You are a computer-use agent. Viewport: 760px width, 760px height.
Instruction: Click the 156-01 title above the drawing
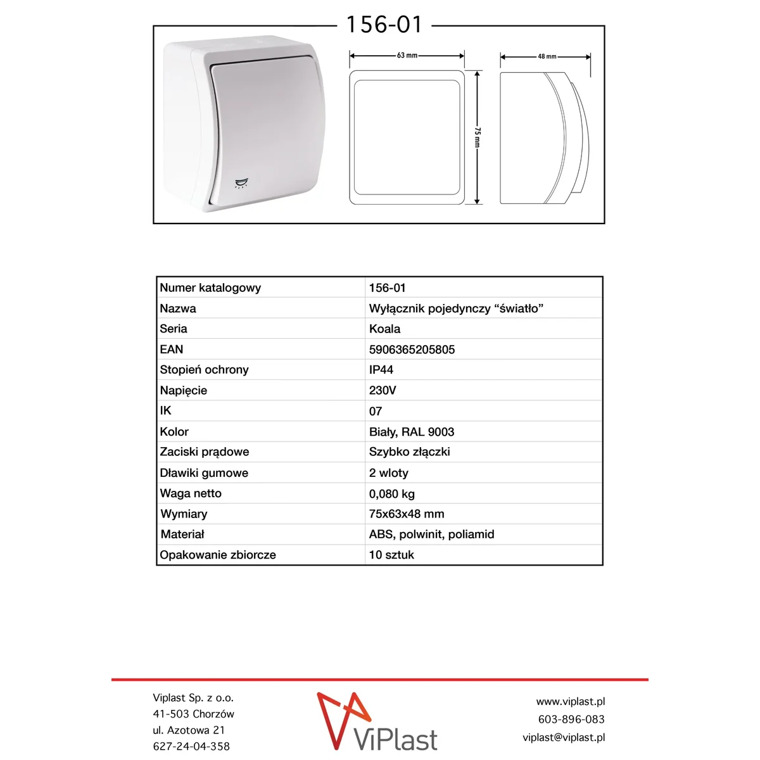click(x=384, y=25)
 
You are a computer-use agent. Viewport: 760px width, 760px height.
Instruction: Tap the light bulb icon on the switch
click(x=241, y=184)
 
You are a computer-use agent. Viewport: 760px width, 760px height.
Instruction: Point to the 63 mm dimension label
click(x=407, y=56)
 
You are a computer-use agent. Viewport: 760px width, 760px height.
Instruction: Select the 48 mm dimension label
click(x=547, y=56)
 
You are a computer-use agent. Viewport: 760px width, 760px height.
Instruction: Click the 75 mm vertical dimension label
click(x=478, y=137)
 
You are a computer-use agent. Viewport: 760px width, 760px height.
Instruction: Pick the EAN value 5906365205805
click(x=412, y=350)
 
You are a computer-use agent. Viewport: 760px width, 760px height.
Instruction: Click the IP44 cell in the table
click(x=381, y=370)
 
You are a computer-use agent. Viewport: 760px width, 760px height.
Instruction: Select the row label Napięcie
click(x=183, y=391)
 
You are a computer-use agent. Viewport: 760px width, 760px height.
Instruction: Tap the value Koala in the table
click(x=384, y=329)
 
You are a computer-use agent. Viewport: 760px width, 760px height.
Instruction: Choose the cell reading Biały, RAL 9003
click(x=412, y=432)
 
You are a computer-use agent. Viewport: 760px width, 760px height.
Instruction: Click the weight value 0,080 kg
click(x=392, y=494)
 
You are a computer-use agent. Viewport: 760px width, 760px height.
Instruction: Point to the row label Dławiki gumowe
click(x=204, y=473)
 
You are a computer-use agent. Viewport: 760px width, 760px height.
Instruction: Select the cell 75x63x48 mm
click(x=407, y=514)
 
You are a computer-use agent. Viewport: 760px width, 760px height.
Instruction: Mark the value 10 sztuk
click(x=391, y=555)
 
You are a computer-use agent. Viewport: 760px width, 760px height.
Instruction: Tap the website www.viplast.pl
click(x=570, y=702)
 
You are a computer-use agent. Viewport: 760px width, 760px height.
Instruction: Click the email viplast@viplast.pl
click(x=564, y=737)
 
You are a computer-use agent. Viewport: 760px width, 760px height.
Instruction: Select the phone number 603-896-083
click(x=571, y=719)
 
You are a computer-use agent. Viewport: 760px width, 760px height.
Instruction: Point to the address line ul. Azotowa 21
click(x=189, y=730)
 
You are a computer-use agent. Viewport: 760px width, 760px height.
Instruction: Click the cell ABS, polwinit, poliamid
click(x=431, y=535)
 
